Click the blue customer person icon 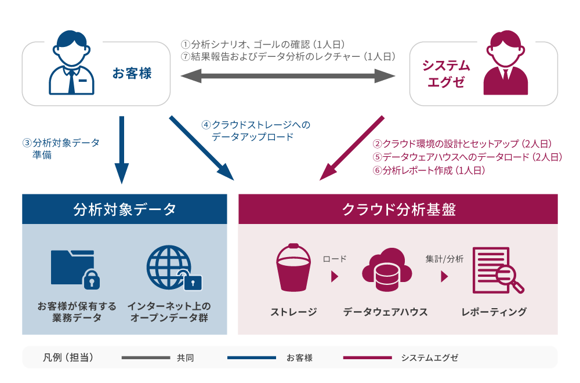pos(71,64)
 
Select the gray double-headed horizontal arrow pos(288,75)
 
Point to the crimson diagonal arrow pos(351,148)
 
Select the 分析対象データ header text pos(125,209)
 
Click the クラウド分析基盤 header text pos(398,209)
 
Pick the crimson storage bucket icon pos(293,268)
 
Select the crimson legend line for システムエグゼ pos(367,358)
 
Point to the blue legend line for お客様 pos(251,358)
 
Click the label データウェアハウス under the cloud pos(385,312)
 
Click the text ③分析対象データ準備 pos(61,149)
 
